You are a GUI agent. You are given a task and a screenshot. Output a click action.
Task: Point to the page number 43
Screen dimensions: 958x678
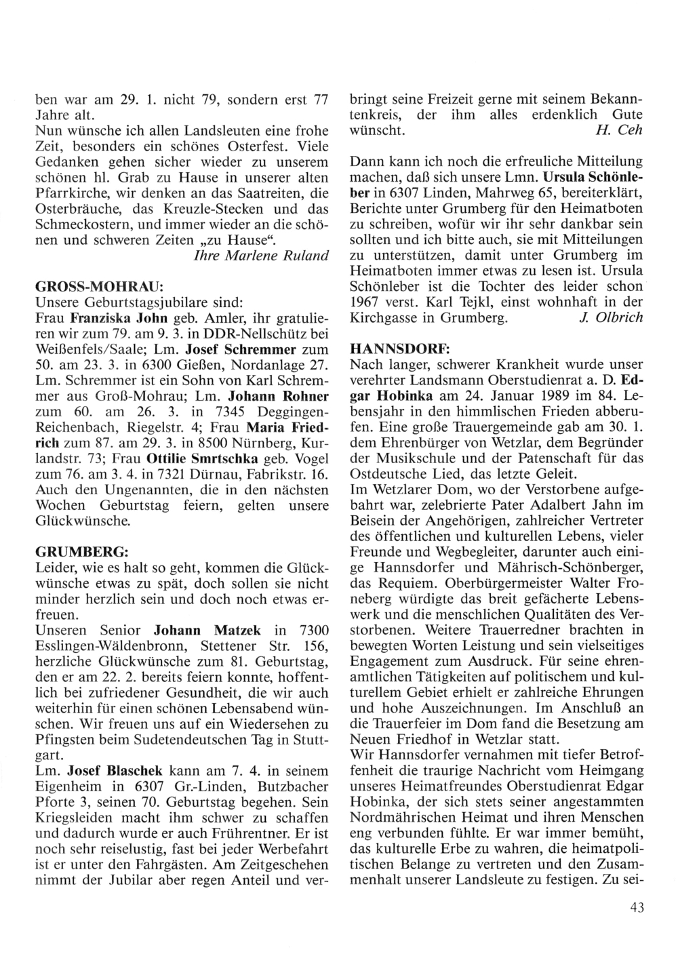coord(636,908)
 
